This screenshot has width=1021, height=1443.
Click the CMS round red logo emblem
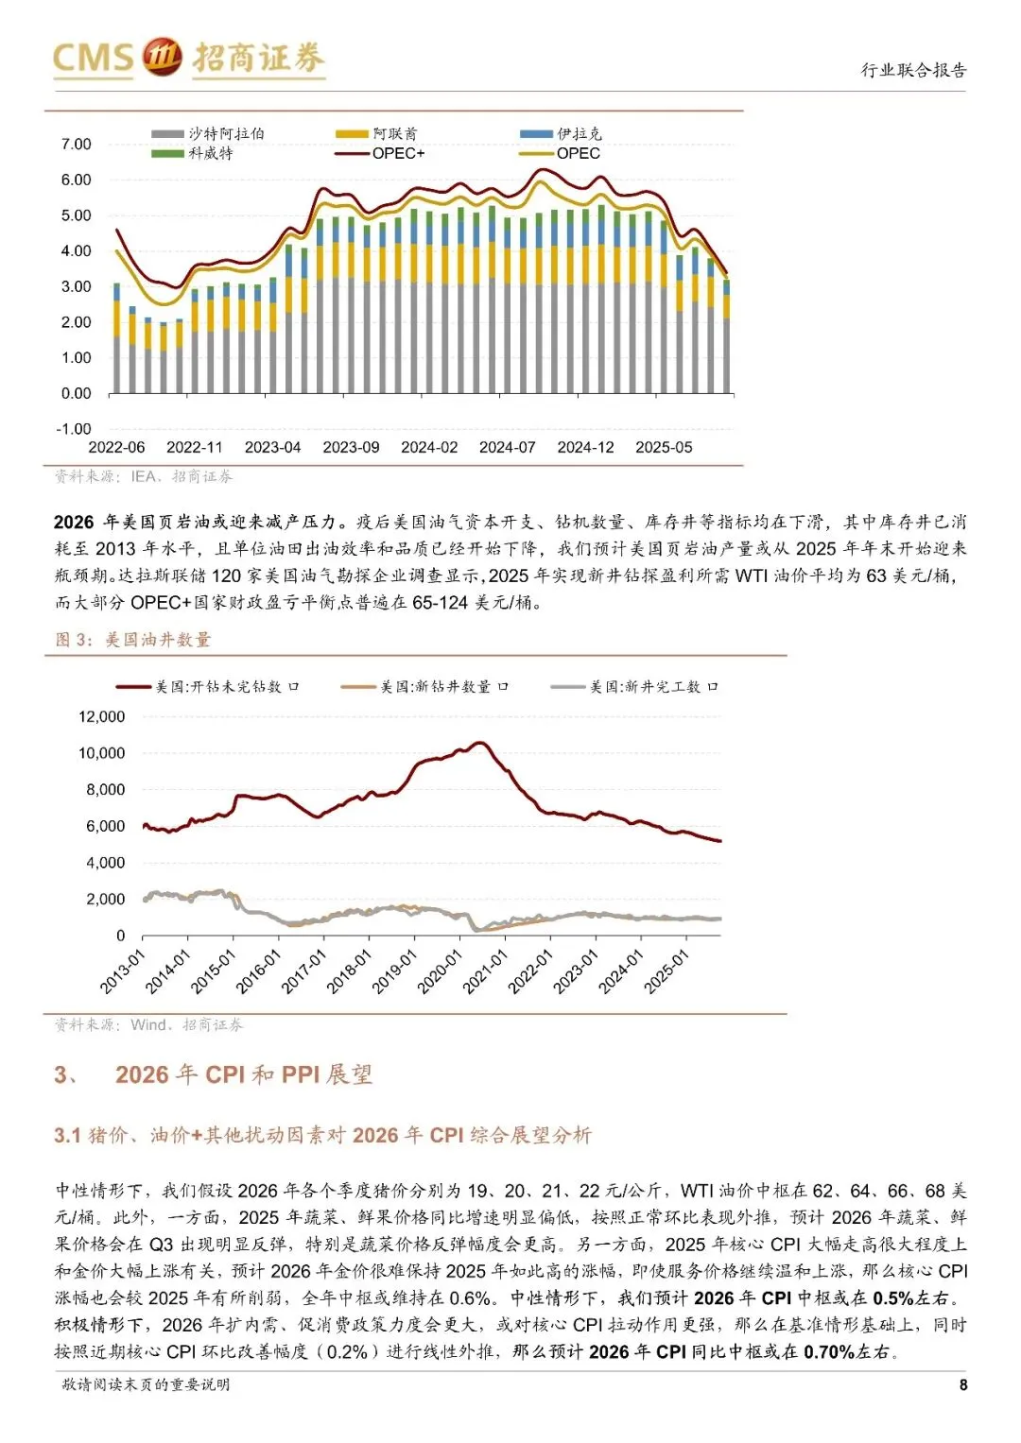click(x=162, y=57)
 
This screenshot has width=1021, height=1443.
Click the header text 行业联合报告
click(x=913, y=70)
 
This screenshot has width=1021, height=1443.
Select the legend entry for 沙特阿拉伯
click(x=208, y=133)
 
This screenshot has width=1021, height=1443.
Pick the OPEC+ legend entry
click(x=380, y=153)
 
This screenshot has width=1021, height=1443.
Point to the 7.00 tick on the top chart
click(x=76, y=144)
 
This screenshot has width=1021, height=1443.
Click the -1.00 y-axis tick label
click(x=74, y=428)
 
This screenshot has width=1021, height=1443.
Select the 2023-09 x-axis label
click(x=351, y=447)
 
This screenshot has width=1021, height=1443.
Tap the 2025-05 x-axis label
click(x=664, y=447)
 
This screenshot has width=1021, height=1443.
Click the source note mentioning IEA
click(x=143, y=476)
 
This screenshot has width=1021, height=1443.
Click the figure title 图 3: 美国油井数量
click(x=132, y=639)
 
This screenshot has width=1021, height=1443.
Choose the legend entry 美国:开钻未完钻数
click(x=208, y=687)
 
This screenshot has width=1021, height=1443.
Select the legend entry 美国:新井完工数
click(x=634, y=687)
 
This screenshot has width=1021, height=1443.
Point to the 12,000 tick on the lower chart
click(x=102, y=716)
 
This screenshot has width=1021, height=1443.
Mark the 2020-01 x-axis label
click(x=439, y=972)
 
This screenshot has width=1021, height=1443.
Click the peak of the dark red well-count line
click(x=480, y=743)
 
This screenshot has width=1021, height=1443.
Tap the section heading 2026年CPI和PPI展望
click(x=244, y=1074)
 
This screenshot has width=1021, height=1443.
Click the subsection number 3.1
click(x=67, y=1135)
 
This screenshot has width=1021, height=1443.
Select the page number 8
click(x=963, y=1385)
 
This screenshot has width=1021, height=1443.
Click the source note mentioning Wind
click(x=148, y=1024)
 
